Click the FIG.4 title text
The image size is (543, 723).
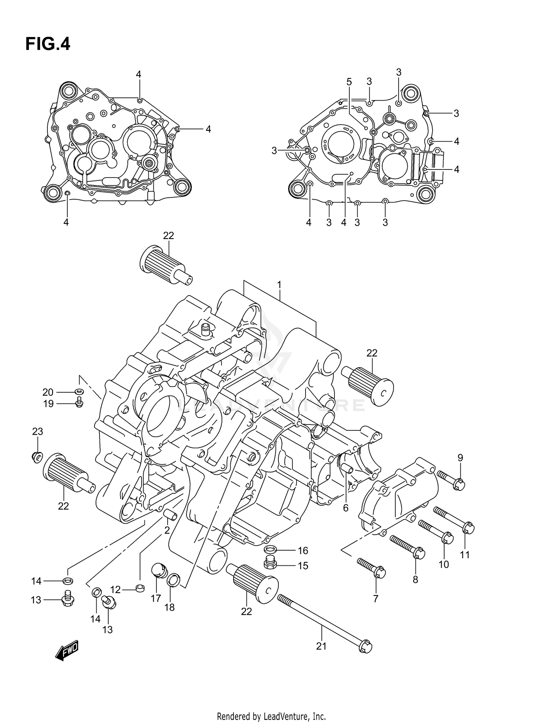48,44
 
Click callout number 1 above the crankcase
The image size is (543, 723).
279,285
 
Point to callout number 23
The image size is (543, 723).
38,431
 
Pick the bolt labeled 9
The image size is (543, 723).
451,480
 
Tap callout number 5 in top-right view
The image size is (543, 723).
349,82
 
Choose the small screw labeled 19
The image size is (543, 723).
79,402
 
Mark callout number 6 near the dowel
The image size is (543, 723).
346,508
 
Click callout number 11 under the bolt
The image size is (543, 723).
464,555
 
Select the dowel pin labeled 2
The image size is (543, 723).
170,515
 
